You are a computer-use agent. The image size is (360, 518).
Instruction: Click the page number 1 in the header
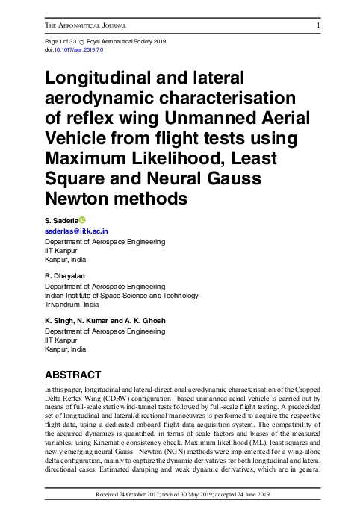pos(319,27)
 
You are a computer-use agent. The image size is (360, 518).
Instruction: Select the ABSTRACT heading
pos(73,374)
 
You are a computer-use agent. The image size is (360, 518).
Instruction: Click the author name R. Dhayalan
pos(66,275)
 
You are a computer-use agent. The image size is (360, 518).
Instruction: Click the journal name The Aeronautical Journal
pos(83,27)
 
